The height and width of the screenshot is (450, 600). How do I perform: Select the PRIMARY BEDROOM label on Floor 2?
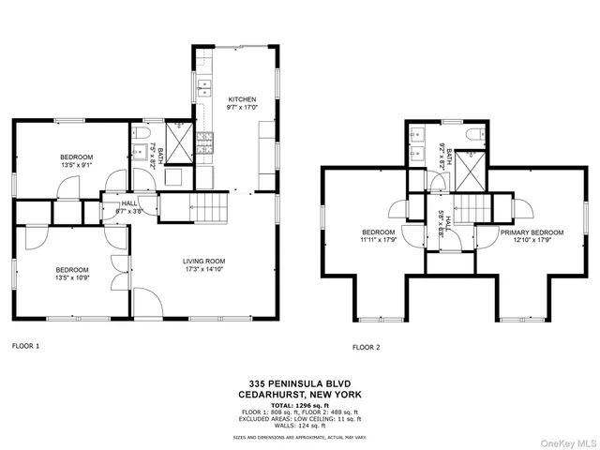(x=531, y=232)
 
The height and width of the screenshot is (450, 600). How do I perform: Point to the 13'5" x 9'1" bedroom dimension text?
(x=76, y=165)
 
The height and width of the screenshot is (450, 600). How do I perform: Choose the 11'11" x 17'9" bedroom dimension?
(x=379, y=240)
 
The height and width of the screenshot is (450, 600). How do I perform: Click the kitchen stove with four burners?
(x=204, y=142)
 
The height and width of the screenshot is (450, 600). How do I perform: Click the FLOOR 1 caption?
(x=25, y=346)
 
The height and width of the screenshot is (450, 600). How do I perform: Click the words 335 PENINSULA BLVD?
(x=299, y=383)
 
